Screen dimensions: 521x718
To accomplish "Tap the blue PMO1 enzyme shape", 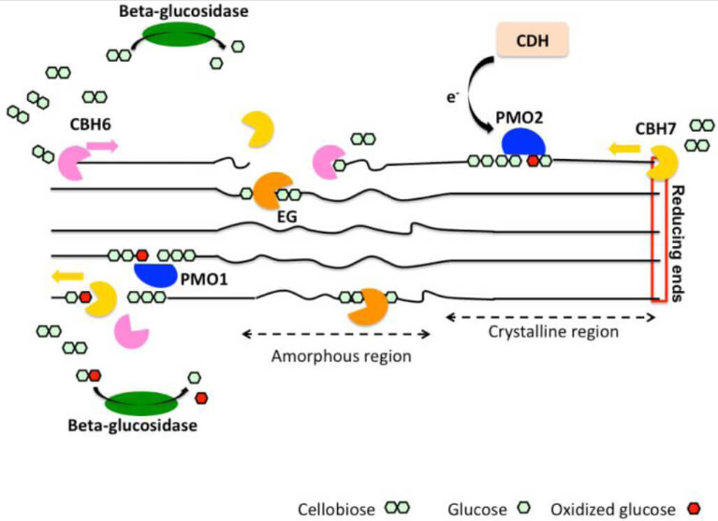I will coord(155,274).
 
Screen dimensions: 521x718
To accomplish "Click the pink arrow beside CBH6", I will coord(102,146).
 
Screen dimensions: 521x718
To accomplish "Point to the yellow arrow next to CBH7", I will coord(622,147).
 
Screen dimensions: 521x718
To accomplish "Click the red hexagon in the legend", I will coord(695,508).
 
